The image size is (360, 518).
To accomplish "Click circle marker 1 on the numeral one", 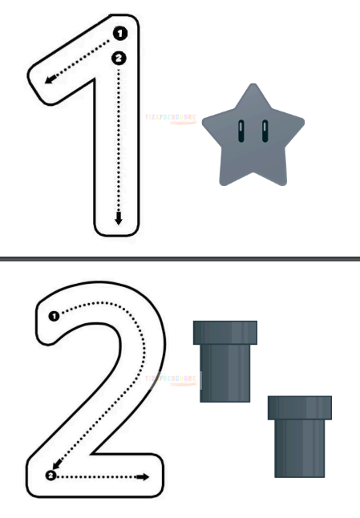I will click(x=120, y=33).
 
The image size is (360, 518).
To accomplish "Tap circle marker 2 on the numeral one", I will click(x=119, y=58).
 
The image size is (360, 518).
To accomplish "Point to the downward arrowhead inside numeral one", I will click(x=119, y=219).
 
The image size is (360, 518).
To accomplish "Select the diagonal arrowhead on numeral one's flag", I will click(x=50, y=79).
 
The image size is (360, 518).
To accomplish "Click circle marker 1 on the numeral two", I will click(x=53, y=316).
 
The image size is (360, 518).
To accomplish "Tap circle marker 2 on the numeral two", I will click(x=51, y=476).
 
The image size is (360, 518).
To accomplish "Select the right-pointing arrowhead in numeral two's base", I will click(x=144, y=476).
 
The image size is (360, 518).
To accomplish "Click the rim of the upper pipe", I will click(x=225, y=331).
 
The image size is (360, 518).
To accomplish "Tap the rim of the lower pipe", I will click(x=299, y=407).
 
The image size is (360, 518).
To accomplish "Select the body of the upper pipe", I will click(x=225, y=373).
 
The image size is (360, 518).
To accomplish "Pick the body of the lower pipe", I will click(x=299, y=448).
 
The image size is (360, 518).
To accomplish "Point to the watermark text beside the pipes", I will click(x=171, y=378).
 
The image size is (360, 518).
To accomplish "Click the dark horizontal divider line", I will click(x=180, y=259).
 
